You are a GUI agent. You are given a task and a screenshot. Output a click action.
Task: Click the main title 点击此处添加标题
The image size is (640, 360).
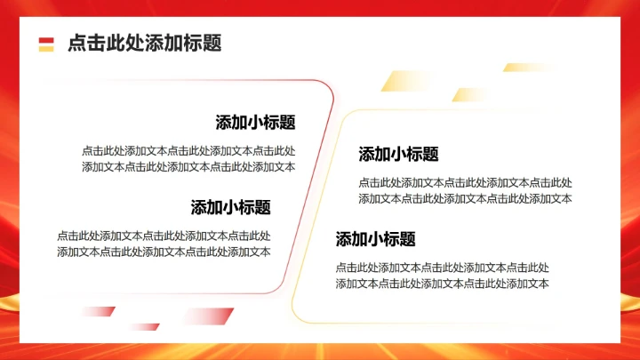pyautogui.click(x=144, y=43)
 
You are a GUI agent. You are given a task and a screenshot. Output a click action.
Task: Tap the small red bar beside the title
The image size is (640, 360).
pyautogui.click(x=46, y=39)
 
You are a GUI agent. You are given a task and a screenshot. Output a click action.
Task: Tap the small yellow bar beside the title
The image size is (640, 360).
pyautogui.click(x=46, y=48)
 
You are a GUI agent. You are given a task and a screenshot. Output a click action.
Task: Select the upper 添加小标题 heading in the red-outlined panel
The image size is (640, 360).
pyautogui.click(x=255, y=123)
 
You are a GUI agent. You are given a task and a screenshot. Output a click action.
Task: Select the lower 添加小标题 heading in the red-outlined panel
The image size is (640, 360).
pyautogui.click(x=230, y=207)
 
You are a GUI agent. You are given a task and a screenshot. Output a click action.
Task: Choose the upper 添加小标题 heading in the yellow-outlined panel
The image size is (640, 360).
pyautogui.click(x=398, y=154)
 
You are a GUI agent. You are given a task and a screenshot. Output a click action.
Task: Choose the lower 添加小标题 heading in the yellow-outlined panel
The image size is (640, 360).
pyautogui.click(x=375, y=238)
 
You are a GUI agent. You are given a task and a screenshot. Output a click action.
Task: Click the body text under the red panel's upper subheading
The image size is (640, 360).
pyautogui.click(x=188, y=158)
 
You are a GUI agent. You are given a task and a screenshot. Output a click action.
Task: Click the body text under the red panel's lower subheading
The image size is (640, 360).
pyautogui.click(x=164, y=244)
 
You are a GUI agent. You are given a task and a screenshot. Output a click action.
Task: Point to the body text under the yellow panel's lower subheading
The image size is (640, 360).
pyautogui.click(x=442, y=276)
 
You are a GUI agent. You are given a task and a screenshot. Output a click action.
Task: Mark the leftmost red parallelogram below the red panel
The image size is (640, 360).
pyautogui.click(x=98, y=311)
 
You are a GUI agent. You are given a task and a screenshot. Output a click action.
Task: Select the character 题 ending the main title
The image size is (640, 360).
pyautogui.click(x=212, y=43)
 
